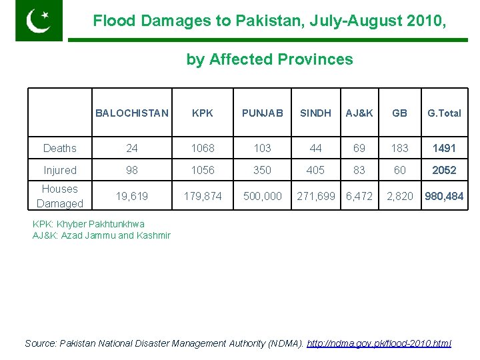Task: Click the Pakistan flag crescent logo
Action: (39, 20)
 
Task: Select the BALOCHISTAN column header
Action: (132, 113)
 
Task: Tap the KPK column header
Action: (203, 113)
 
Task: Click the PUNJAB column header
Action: (262, 113)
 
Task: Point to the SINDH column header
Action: (315, 113)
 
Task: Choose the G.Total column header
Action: (444, 113)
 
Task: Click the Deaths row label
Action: (60, 148)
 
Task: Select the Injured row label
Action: (60, 170)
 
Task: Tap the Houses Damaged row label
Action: (60, 196)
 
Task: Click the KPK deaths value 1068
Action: (203, 148)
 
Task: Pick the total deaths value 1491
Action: (444, 148)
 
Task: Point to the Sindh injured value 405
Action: (315, 170)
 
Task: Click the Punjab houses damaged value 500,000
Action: (262, 196)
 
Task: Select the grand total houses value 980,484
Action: (444, 196)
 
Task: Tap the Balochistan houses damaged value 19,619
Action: (132, 196)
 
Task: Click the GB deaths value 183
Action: (399, 148)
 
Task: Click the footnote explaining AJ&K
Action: (101, 235)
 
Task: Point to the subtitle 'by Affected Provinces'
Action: (269, 59)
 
